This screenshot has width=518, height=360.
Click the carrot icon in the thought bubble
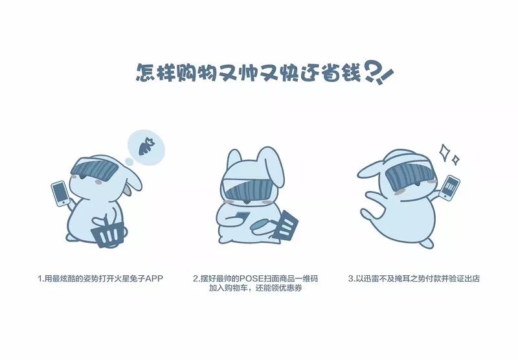point(146,146)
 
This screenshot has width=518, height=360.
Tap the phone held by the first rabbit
point(61,194)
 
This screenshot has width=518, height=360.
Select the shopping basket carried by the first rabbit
point(107,232)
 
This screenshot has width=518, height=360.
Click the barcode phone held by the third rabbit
point(450,188)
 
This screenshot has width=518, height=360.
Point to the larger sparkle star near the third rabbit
point(445,153)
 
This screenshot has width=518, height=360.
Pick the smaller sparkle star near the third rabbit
point(456,160)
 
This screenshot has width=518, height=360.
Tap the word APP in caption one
point(154,278)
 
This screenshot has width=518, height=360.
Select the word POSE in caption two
point(251,278)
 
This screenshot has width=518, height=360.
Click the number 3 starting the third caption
point(350,278)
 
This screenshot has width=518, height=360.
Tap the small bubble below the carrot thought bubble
point(129,161)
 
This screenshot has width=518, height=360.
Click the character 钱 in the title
point(351,72)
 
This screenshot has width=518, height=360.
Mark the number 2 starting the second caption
point(196,278)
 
